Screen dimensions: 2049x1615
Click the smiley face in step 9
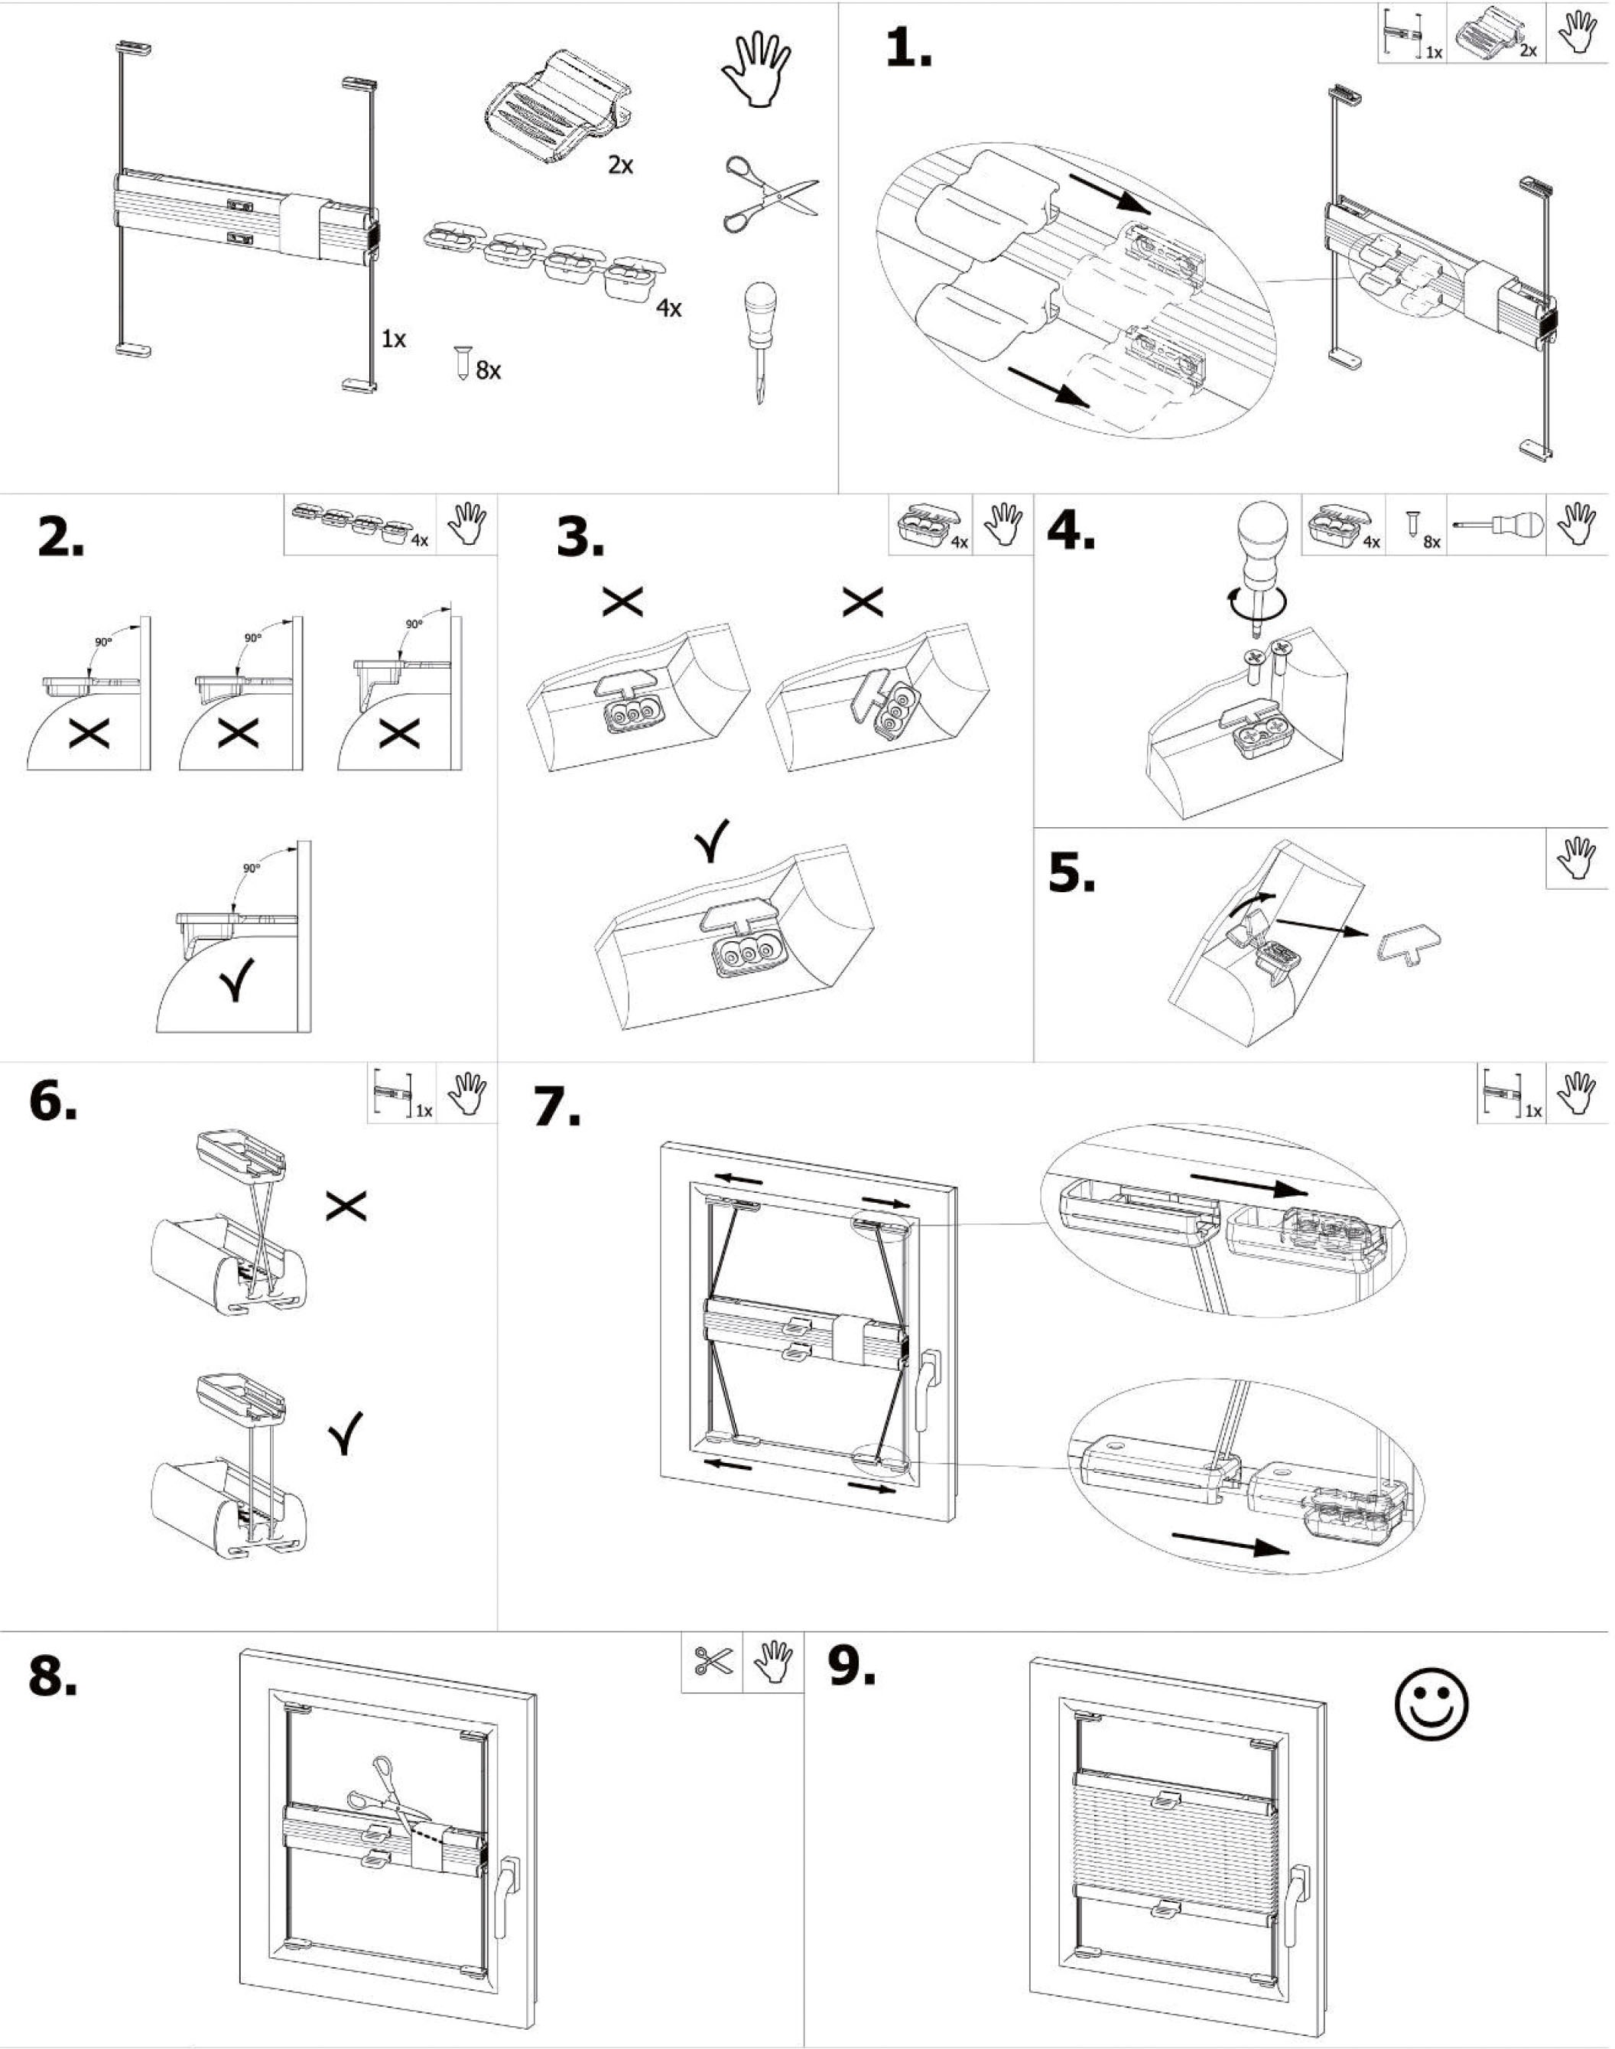tap(1431, 1702)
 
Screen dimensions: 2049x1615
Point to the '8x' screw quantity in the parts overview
tap(488, 371)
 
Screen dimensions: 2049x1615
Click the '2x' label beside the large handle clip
tap(620, 165)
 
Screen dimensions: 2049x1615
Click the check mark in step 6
tap(346, 1434)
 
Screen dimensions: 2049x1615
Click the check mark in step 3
tap(711, 840)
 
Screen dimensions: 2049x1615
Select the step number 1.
tap(908, 49)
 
